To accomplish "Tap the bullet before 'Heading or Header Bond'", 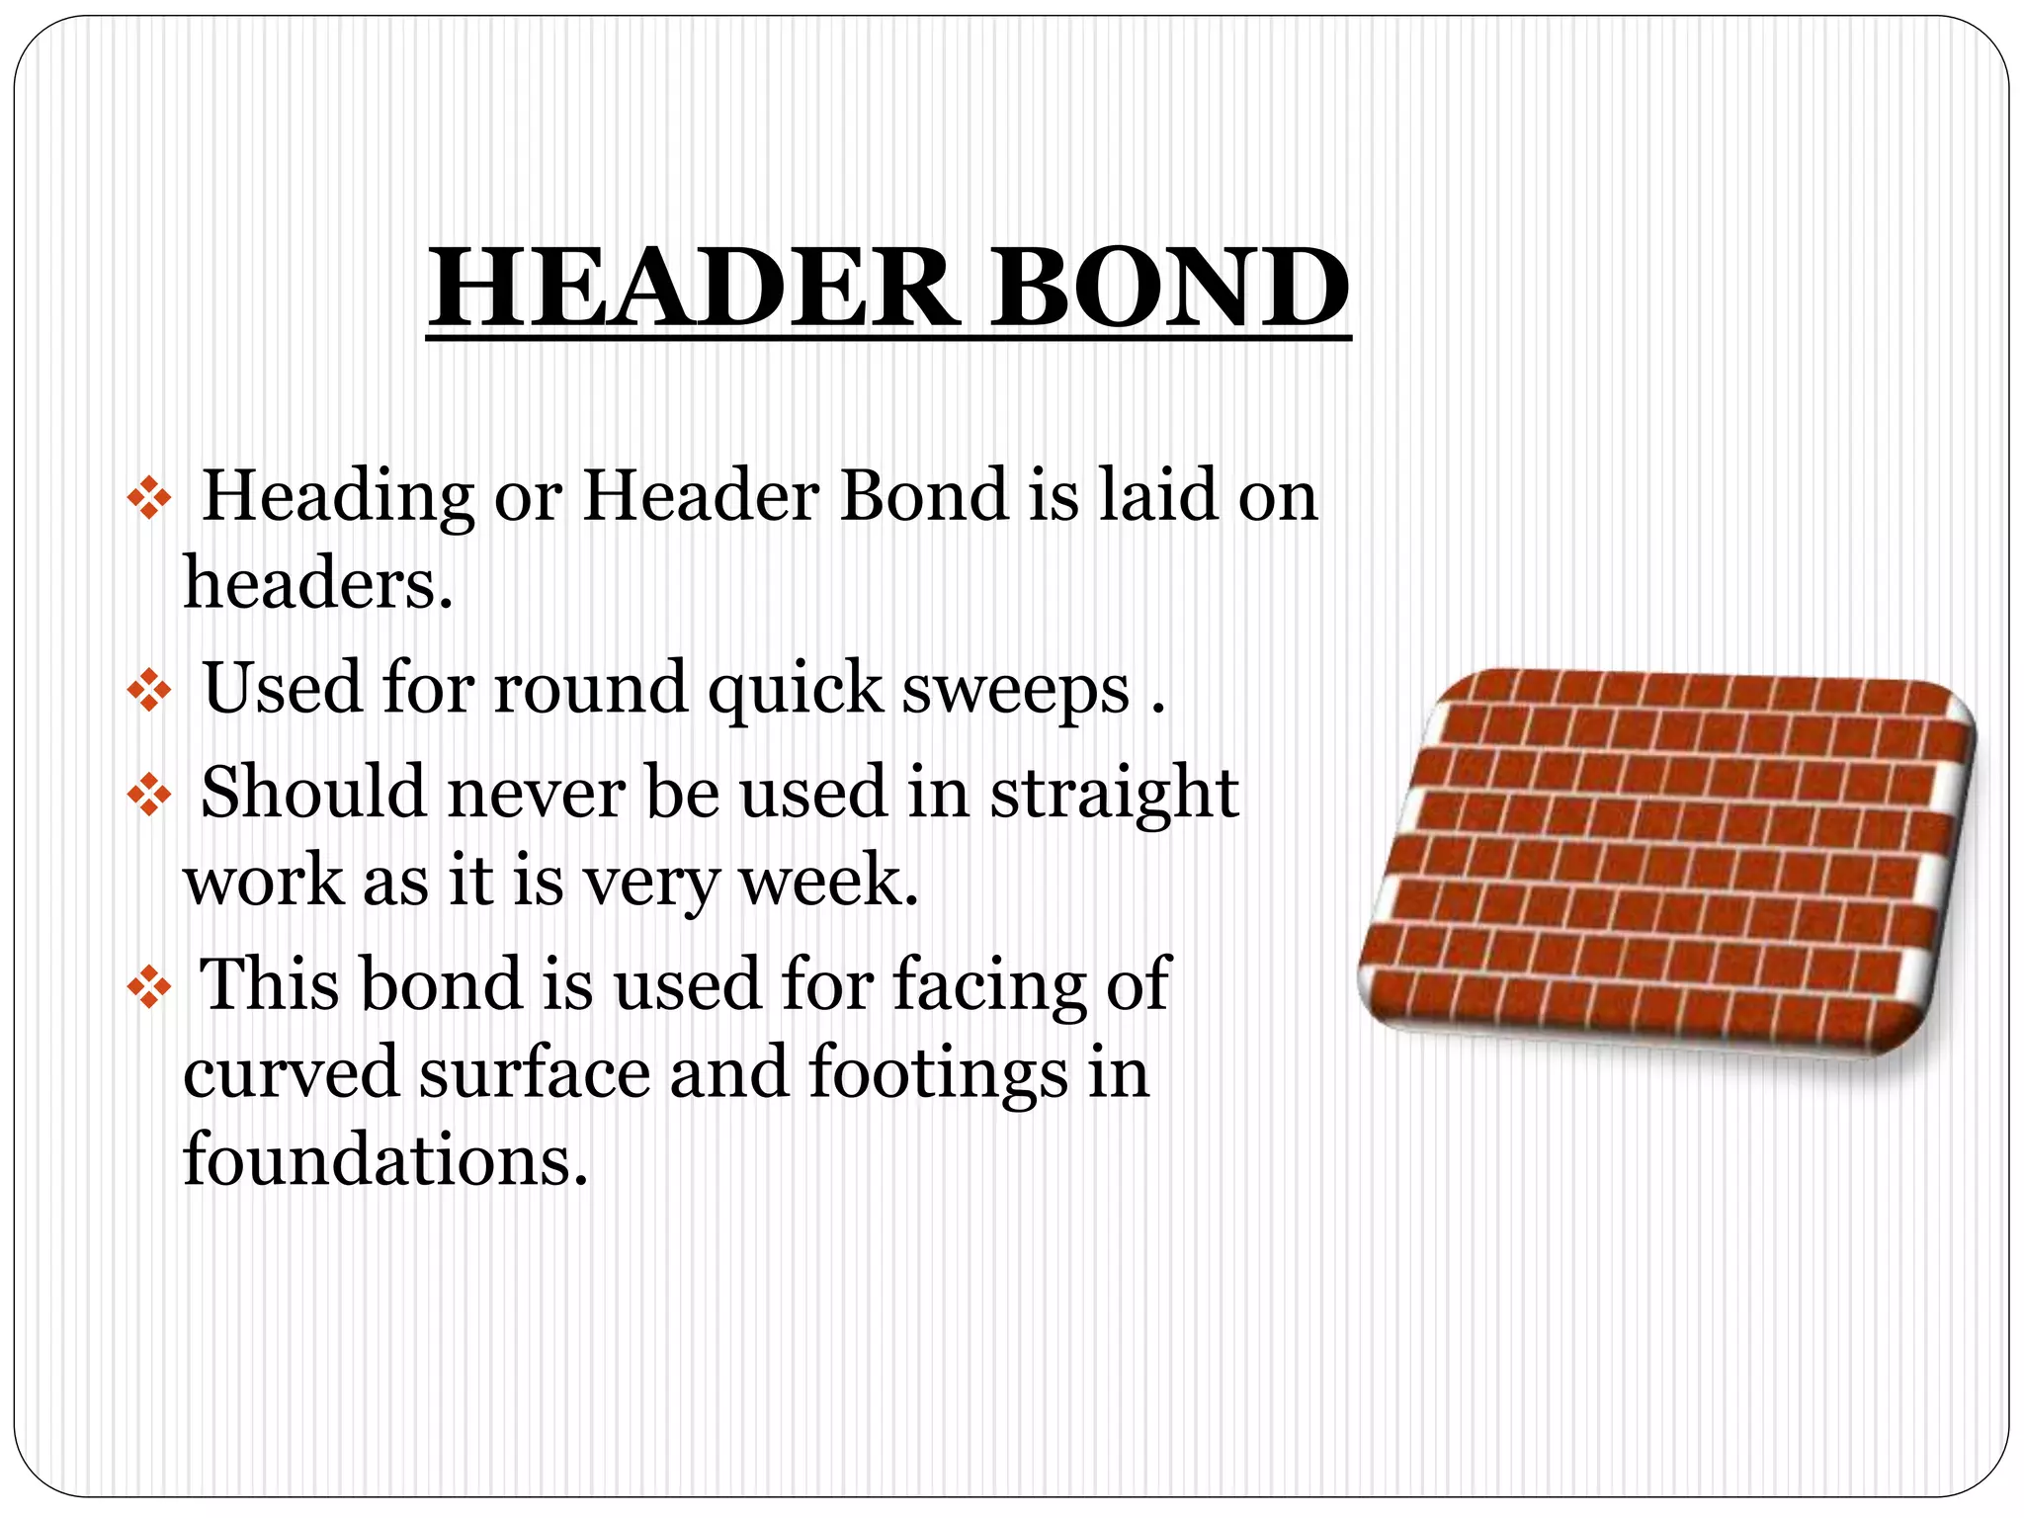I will pos(149,499).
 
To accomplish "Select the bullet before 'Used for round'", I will pos(149,691).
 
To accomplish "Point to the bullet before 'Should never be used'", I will pos(149,795).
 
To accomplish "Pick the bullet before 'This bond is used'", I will pos(149,987).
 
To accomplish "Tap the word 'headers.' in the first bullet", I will pos(318,582).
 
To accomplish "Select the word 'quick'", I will pos(795,689).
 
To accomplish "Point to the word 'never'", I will pos(535,793).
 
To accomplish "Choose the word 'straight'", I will pos(1114,795).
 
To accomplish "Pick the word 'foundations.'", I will pos(385,1159).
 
